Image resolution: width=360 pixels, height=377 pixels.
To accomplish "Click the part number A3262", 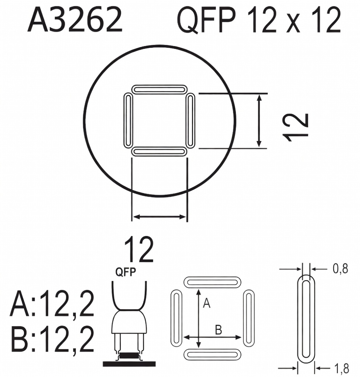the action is (75, 20).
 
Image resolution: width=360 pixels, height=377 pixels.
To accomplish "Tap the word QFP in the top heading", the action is (206, 20).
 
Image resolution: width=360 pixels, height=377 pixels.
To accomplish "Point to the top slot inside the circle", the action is (159, 89).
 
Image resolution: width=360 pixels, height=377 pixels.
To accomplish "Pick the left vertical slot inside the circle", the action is (128, 120).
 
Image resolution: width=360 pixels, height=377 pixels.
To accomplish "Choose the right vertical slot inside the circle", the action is (191, 120).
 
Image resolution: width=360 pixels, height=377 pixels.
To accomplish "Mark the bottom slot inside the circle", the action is (159, 152).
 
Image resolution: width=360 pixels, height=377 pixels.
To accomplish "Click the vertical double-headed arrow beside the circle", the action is (259, 120).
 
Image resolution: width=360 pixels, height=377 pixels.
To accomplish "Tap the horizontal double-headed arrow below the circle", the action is (159, 217).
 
